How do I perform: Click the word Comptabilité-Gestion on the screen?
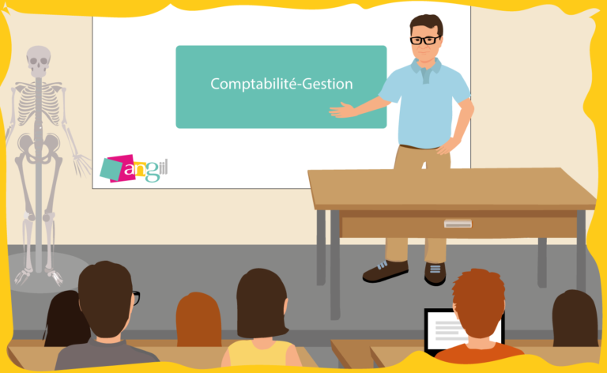[x=281, y=83]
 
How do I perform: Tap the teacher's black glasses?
[x=424, y=40]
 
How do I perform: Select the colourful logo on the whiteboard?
[x=134, y=168]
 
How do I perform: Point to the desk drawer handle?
[x=457, y=224]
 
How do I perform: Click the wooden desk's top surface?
[x=451, y=186]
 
